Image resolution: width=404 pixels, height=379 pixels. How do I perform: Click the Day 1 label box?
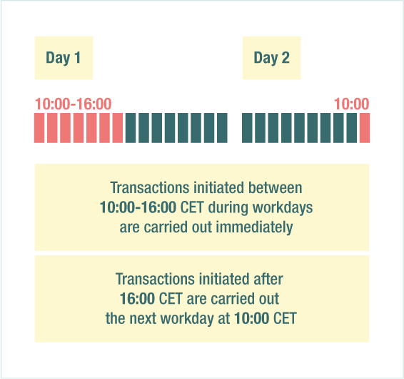tap(64, 58)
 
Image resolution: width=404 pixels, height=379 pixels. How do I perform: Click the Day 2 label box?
tap(271, 58)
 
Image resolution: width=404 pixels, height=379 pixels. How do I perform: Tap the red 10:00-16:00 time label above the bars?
tap(74, 104)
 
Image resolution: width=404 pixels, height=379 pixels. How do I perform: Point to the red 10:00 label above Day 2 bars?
tap(352, 104)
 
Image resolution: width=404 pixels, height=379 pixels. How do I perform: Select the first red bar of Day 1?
tap(39, 128)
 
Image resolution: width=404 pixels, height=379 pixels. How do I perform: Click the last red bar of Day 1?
tap(118, 128)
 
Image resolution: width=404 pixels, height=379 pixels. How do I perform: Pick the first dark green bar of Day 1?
tap(131, 128)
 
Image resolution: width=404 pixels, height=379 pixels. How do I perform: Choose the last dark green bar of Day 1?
tap(222, 128)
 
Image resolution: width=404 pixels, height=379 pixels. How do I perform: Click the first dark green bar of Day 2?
tap(247, 128)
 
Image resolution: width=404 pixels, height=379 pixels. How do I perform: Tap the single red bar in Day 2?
tap(365, 128)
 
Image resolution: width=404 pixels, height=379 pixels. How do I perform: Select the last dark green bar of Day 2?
tap(352, 128)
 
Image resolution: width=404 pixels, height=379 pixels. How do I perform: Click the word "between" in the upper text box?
tap(276, 187)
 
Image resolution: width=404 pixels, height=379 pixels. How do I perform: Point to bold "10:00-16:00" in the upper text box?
tap(138, 207)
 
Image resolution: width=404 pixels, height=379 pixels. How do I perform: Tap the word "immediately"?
tap(254, 227)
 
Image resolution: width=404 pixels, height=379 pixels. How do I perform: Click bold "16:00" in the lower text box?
tap(137, 299)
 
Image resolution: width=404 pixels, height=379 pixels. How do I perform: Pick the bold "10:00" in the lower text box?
tap(252, 318)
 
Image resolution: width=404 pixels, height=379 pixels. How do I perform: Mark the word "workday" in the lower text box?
tap(187, 319)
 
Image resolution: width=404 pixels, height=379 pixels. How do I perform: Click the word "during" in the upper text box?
tap(228, 208)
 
